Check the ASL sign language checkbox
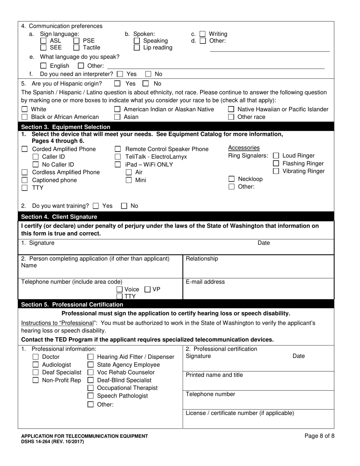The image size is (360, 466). (x=44, y=41)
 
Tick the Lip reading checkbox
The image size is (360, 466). (x=137, y=48)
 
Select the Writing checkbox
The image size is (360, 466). (x=203, y=34)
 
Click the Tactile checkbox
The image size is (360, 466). (x=76, y=48)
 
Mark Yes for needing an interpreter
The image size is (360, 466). (x=120, y=74)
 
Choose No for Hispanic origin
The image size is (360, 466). (x=146, y=84)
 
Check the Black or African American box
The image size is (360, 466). (x=25, y=117)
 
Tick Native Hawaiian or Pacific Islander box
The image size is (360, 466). (x=231, y=109)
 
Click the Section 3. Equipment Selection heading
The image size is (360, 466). (x=66, y=127)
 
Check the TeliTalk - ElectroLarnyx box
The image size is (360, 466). (x=118, y=157)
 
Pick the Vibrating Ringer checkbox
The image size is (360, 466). (x=276, y=171)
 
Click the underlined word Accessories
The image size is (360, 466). (x=244, y=148)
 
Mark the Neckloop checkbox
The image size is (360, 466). (x=231, y=179)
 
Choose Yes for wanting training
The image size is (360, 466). (x=96, y=206)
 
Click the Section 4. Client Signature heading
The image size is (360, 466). (x=59, y=217)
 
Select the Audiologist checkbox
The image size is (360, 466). (x=36, y=365)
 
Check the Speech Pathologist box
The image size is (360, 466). (x=91, y=396)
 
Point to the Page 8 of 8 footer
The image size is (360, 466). (x=319, y=436)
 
